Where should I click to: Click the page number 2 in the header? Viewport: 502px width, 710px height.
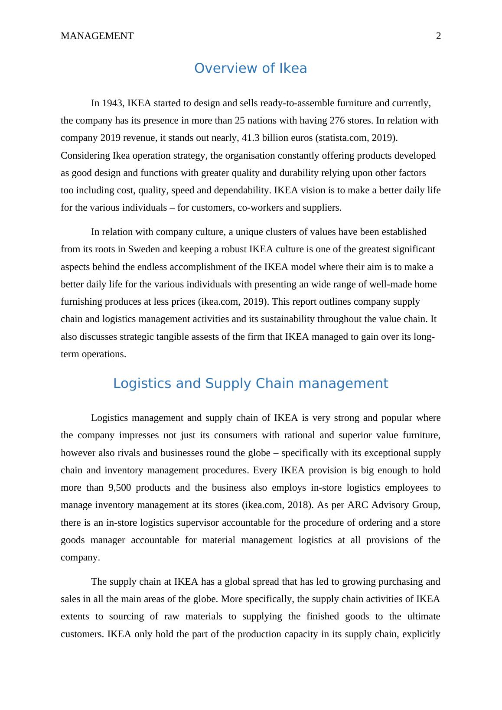pos(438,36)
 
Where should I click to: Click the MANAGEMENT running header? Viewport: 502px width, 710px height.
pos(97,36)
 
